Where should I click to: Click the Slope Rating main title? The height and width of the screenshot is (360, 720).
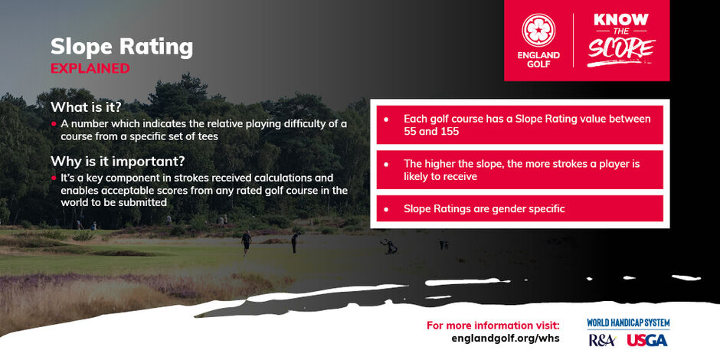[122, 47]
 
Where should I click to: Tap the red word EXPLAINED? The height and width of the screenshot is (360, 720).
[90, 68]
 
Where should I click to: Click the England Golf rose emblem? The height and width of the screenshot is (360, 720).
[538, 30]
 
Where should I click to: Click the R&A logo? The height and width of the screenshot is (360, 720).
[602, 340]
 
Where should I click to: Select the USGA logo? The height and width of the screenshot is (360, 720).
[647, 340]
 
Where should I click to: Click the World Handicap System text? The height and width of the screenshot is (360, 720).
[628, 322]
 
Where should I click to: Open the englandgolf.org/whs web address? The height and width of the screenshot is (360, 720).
[506, 339]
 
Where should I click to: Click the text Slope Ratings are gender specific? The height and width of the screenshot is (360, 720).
[484, 208]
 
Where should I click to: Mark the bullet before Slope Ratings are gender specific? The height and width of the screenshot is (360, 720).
[386, 209]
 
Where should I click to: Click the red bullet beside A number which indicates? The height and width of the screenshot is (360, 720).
[54, 124]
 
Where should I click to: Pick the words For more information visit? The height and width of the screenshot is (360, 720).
[493, 326]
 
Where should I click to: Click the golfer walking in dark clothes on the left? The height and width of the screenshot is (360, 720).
[247, 243]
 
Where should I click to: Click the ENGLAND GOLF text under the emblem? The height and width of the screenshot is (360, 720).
[538, 60]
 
